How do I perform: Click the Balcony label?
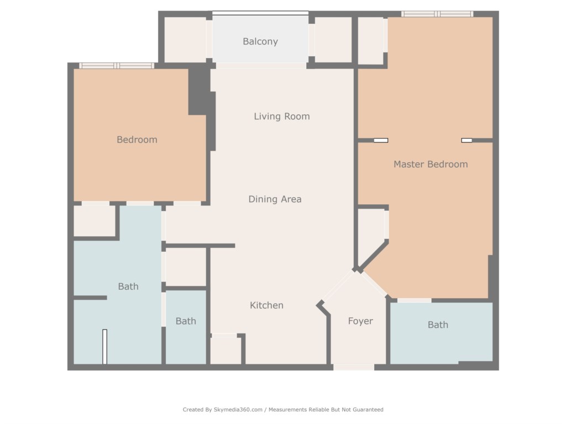coord(260,42)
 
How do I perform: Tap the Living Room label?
coord(282,116)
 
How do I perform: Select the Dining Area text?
coord(275,199)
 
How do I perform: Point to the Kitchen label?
coord(267,305)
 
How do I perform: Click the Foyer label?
coord(360,321)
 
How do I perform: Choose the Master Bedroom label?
coord(431,165)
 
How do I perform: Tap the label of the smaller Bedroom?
coord(137,140)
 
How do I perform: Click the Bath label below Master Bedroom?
coord(438,325)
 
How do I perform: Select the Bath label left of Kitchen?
coord(186,321)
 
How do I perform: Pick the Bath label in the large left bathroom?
coord(128,287)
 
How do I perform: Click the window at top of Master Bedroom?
coord(437,14)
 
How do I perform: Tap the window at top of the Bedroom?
coord(117,66)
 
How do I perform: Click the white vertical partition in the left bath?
coord(104,347)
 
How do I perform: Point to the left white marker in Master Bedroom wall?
coord(381,140)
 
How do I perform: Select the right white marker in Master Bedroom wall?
coord(467,140)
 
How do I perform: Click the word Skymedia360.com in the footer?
coord(238,410)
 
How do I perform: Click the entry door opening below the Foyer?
coord(353,367)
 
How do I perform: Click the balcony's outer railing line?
coord(260,13)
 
